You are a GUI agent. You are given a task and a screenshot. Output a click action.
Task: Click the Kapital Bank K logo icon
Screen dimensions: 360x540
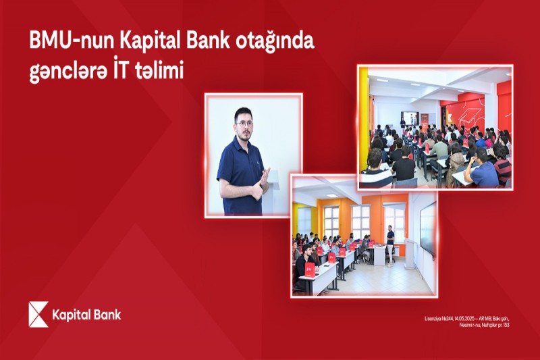pos(38,315)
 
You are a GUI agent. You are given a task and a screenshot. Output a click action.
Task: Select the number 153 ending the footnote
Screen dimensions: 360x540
pos(505,325)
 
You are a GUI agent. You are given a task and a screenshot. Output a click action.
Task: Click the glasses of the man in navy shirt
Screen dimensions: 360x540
pos(244,124)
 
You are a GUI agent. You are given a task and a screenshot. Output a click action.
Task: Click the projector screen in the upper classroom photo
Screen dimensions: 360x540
pos(409,119)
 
